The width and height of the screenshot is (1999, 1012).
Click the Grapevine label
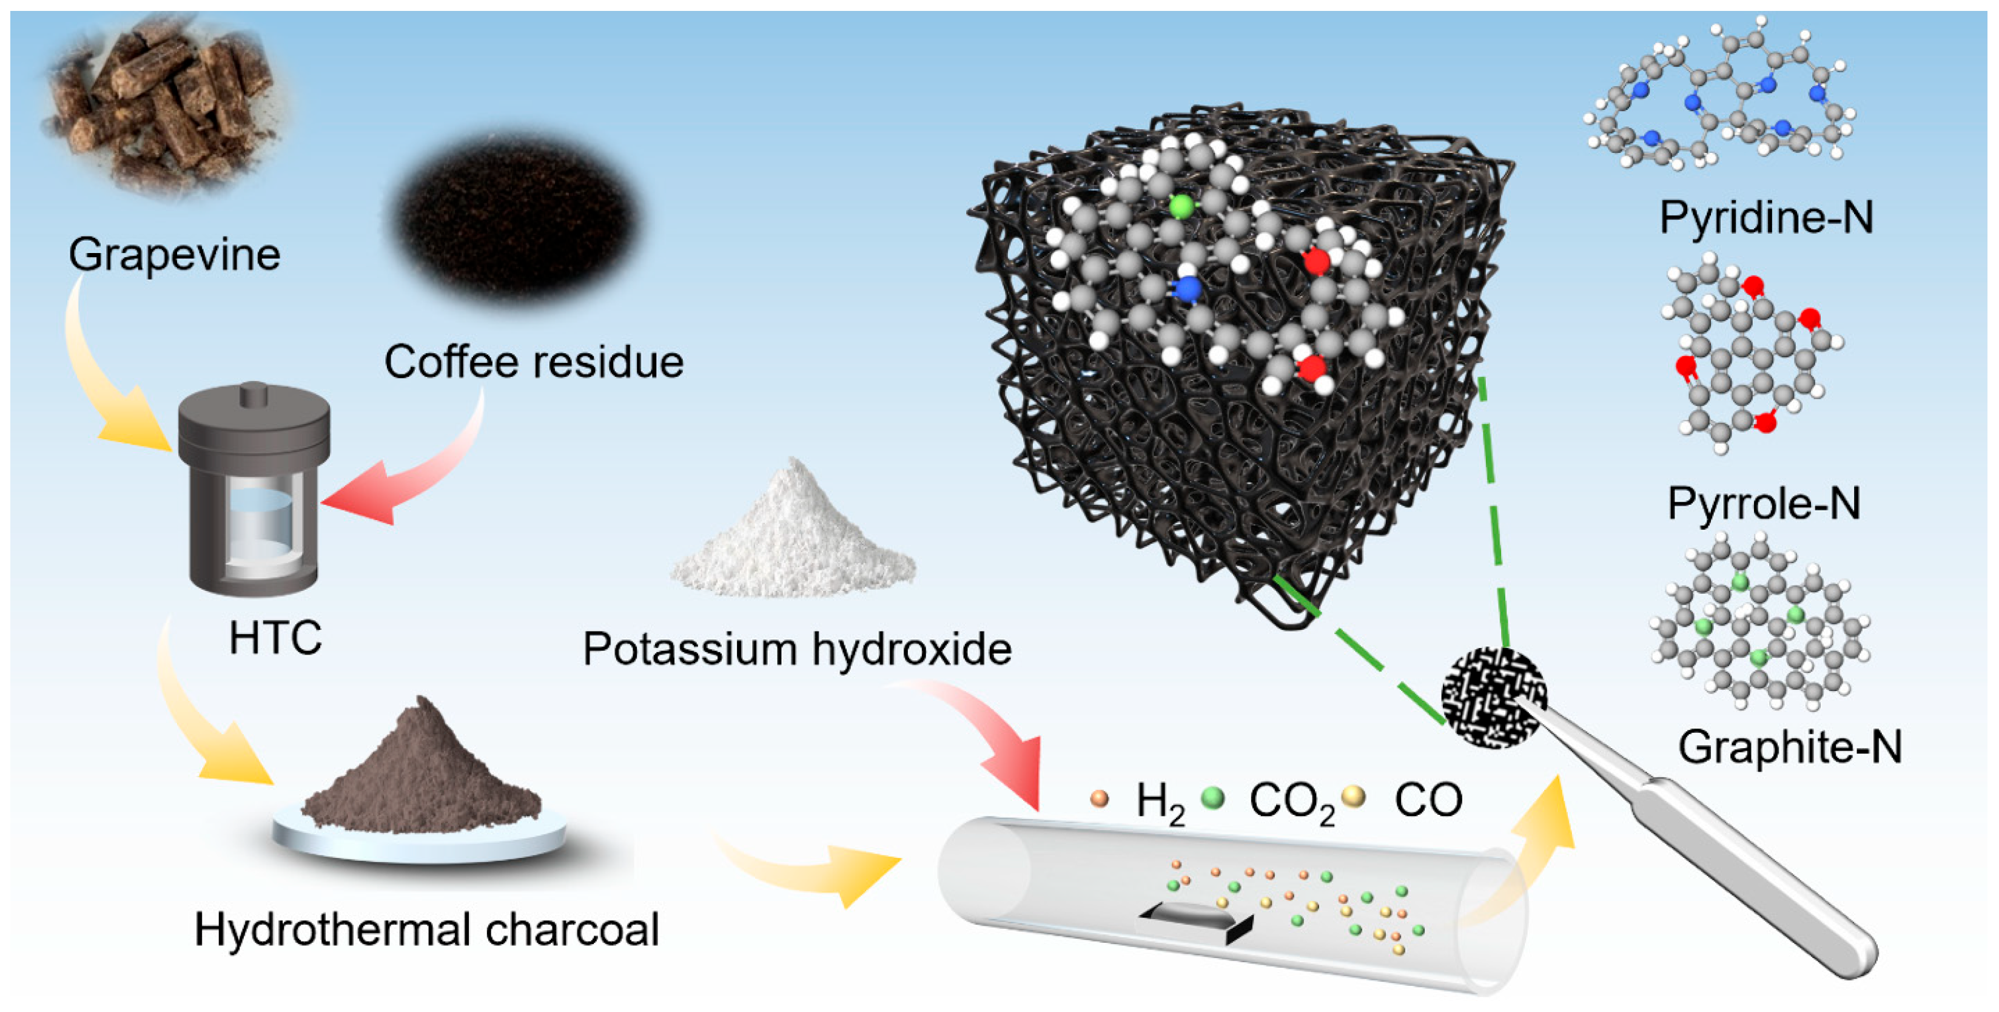pyautogui.click(x=174, y=255)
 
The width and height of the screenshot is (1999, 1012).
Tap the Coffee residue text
pyautogui.click(x=534, y=362)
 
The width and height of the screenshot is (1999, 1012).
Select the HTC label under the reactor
pyautogui.click(x=275, y=638)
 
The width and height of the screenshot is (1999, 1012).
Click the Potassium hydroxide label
pyautogui.click(x=797, y=649)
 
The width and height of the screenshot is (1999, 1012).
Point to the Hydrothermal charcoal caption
pyautogui.click(x=426, y=929)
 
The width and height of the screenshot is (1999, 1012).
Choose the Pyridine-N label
pyautogui.click(x=1766, y=217)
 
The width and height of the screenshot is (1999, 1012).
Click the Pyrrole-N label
pyautogui.click(x=1764, y=504)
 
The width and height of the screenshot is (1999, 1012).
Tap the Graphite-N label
pyautogui.click(x=1790, y=747)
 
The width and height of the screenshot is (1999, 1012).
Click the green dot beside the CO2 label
pyautogui.click(x=1212, y=797)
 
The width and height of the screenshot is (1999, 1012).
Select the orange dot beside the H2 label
pyautogui.click(x=1099, y=798)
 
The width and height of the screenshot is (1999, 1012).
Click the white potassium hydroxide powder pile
pyautogui.click(x=793, y=536)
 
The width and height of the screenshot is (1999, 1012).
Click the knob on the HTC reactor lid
pyautogui.click(x=254, y=394)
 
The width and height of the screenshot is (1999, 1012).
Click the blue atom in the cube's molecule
pyautogui.click(x=1186, y=290)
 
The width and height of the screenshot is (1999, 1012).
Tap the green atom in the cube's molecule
pyautogui.click(x=1181, y=206)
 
